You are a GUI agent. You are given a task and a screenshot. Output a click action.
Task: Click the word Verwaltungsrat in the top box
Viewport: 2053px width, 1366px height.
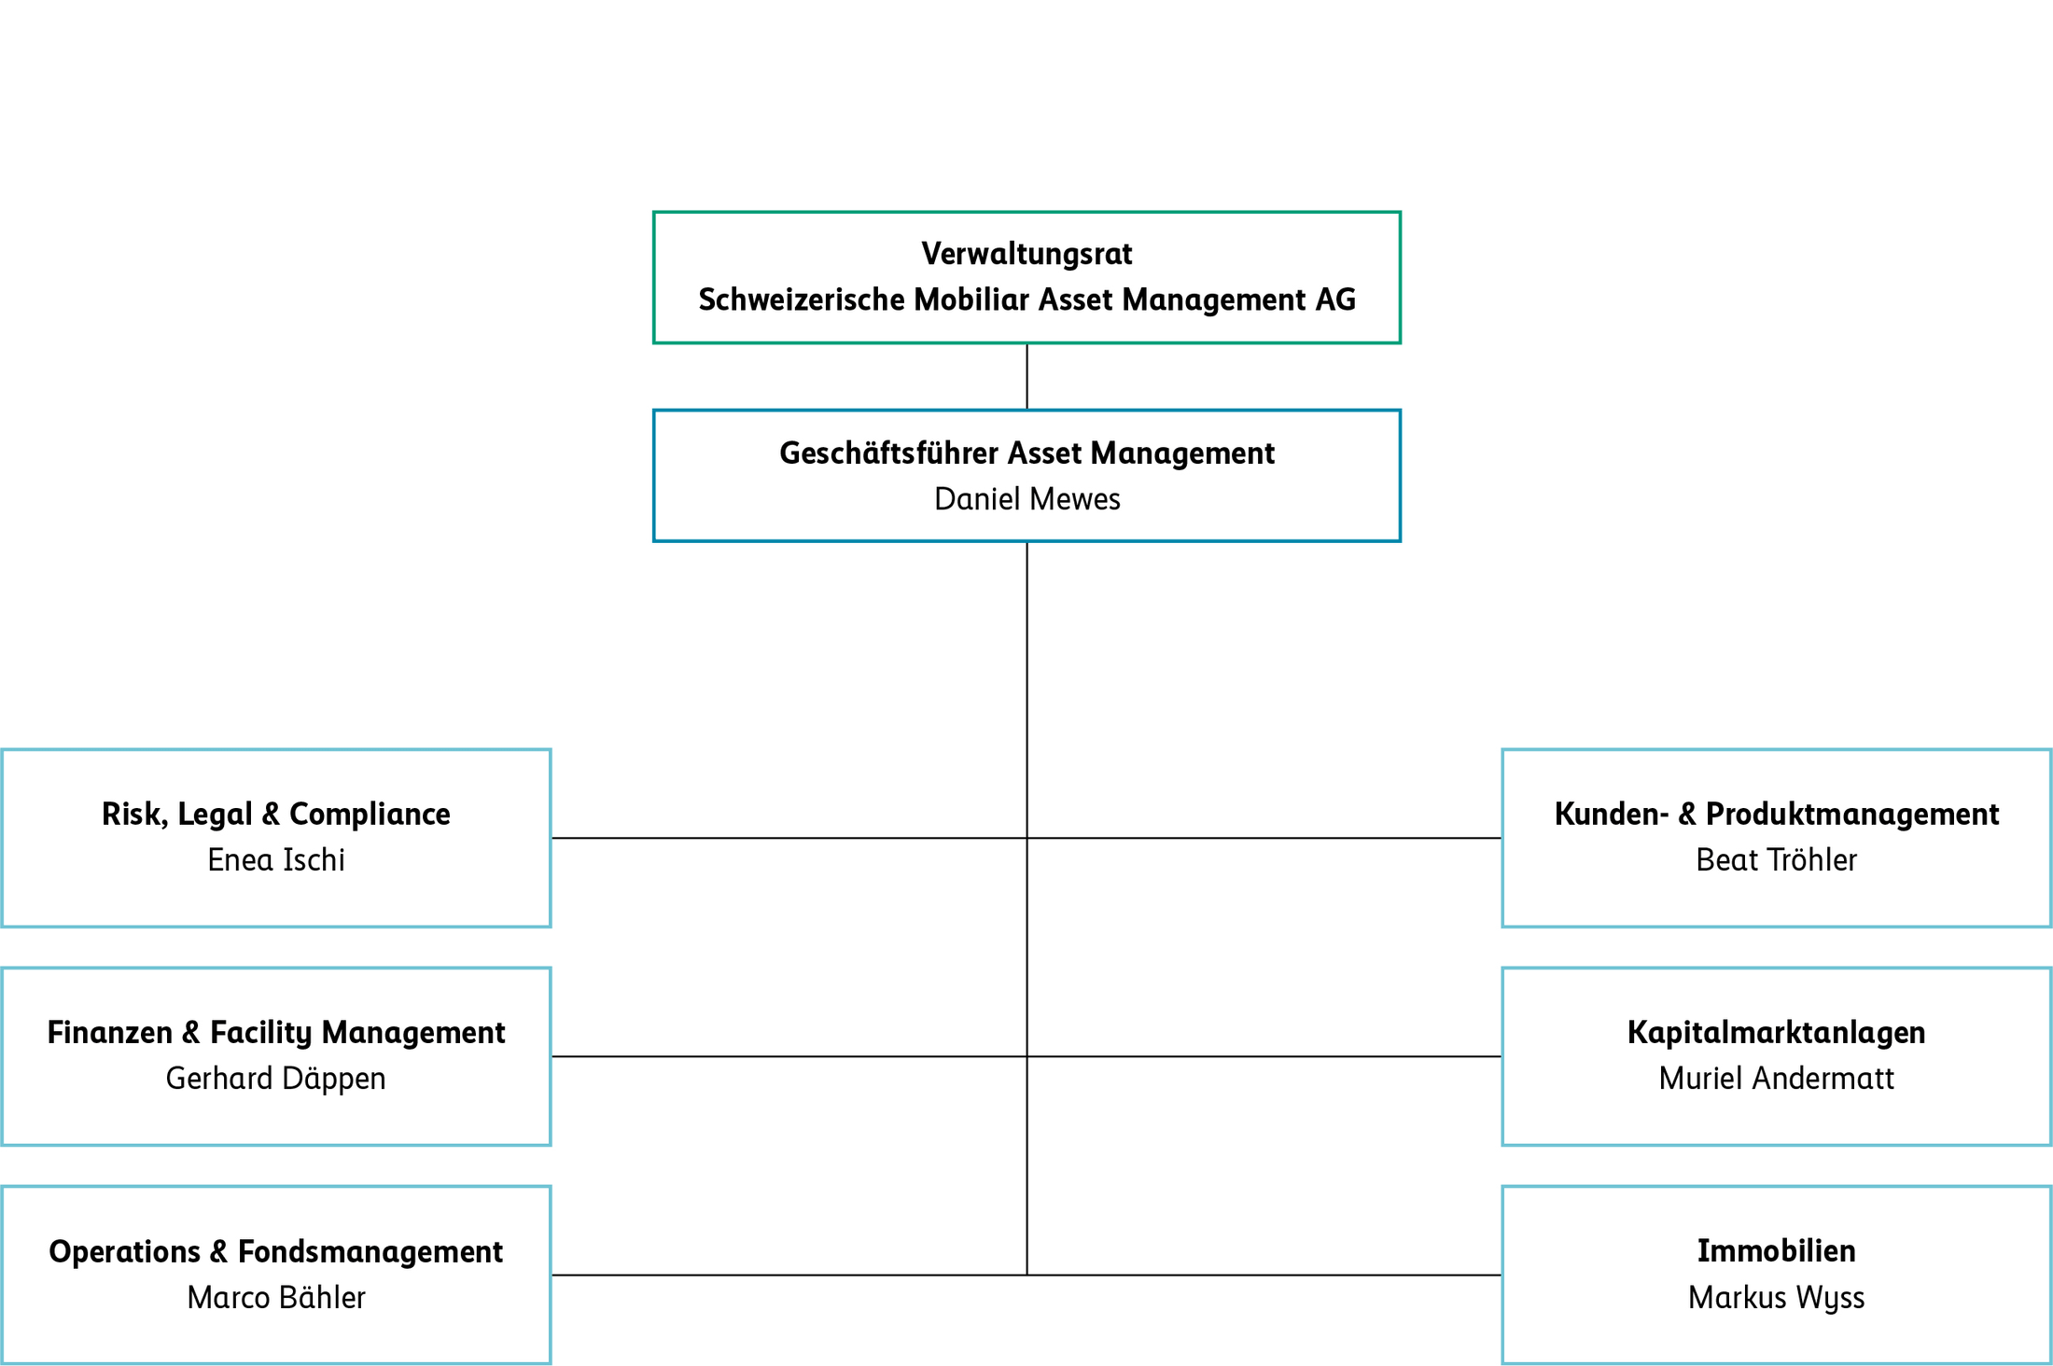pos(1026,254)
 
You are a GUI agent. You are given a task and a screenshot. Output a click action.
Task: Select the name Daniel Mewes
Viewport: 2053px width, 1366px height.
pos(1026,499)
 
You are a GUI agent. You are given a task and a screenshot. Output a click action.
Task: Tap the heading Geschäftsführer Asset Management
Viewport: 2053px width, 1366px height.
pos(1026,453)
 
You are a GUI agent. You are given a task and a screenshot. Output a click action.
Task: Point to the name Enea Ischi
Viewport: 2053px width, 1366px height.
pos(276,859)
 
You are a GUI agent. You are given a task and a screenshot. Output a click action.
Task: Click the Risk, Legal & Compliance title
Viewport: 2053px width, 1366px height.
pos(276,814)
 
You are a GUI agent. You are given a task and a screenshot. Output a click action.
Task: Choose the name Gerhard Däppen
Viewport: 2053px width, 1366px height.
pos(276,1078)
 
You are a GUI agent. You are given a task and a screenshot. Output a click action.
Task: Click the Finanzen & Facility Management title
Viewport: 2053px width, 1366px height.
pos(276,1032)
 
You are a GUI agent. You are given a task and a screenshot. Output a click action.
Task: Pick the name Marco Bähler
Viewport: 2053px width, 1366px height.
pos(276,1297)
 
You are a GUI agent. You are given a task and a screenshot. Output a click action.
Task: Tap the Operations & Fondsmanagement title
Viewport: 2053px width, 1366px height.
pos(276,1251)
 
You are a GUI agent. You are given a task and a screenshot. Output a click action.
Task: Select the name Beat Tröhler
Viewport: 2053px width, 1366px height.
pos(1776,859)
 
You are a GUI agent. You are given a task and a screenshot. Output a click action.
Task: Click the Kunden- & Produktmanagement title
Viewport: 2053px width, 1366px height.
pos(1776,814)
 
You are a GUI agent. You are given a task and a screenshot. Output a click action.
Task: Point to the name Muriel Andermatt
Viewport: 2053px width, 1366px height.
pos(1776,1078)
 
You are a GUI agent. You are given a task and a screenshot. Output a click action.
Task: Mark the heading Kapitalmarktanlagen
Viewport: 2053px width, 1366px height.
pos(1776,1032)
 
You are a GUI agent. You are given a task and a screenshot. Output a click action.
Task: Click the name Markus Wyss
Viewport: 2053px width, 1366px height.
pos(1776,1297)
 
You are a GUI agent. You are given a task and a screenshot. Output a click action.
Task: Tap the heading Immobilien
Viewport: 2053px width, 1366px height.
pos(1776,1251)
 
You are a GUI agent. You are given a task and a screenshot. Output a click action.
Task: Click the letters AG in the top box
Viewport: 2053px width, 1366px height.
pos(1335,300)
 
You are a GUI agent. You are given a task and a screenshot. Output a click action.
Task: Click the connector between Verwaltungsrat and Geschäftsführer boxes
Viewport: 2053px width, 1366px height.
pos(1026,376)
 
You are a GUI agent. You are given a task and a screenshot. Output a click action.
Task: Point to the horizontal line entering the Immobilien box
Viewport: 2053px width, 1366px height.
pos(1306,1275)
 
